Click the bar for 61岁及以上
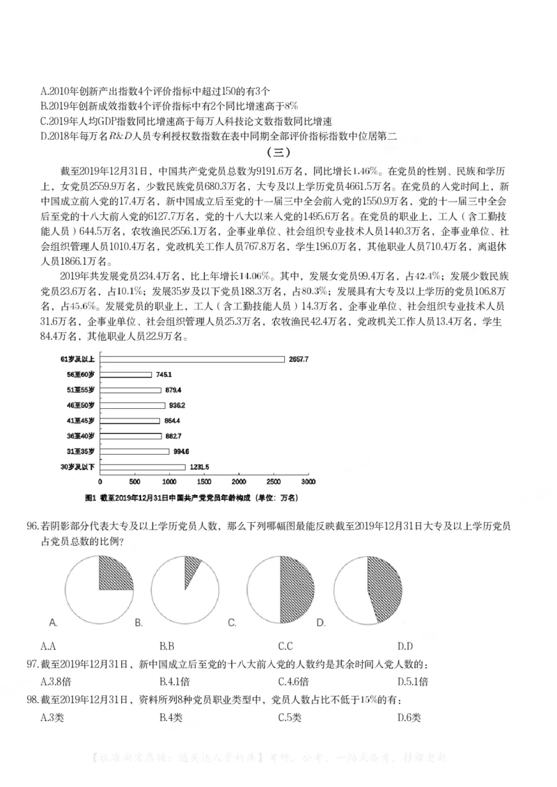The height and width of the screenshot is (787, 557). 193,359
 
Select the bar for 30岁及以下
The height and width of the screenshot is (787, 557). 143,466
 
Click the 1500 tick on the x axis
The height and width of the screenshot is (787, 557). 205,481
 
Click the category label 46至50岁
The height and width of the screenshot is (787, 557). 80,405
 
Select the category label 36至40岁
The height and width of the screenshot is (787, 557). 80,436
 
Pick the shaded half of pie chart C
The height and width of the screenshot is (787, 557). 295,582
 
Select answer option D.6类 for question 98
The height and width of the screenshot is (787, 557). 409,717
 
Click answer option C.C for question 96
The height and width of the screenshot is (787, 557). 285,645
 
